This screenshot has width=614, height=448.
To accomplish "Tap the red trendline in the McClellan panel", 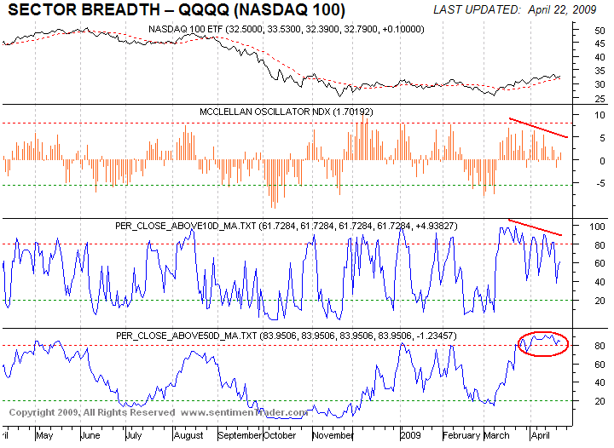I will (x=537, y=127).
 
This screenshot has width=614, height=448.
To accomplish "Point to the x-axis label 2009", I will (x=412, y=436).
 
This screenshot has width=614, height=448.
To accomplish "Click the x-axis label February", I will (x=461, y=436).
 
